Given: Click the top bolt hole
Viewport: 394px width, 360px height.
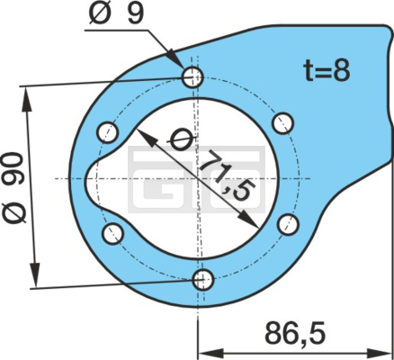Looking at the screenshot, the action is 193,77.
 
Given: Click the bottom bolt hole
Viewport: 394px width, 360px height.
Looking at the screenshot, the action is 203,280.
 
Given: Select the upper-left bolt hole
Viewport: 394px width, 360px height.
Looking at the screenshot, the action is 107,132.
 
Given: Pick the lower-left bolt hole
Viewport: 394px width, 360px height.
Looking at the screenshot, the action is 112,234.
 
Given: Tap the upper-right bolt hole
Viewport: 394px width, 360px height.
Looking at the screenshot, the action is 283,123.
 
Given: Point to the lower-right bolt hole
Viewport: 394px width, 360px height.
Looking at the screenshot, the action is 288,224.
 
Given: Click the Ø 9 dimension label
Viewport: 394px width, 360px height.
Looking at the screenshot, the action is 116,13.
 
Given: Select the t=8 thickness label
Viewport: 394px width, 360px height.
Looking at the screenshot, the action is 327,71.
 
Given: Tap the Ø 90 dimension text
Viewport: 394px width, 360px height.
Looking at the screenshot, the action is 15,188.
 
